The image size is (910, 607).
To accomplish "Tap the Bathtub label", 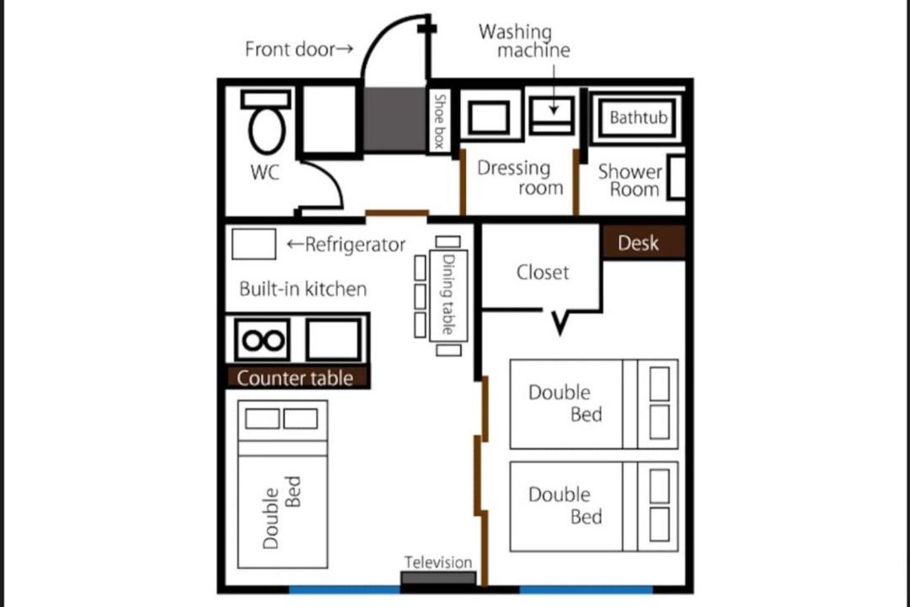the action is pos(638,118).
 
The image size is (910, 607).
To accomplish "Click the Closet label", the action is pos(543,272).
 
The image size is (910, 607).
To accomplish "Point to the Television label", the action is pos(438,562).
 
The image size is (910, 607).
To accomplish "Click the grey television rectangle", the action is pos(438,578).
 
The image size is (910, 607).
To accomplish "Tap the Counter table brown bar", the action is pos(297,379).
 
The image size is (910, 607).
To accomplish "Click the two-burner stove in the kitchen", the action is pos(263,339).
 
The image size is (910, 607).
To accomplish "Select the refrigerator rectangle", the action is pos(254,244).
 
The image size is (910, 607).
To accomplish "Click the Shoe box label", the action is pos(440,121).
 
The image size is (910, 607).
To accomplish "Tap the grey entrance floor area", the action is pos(395,120).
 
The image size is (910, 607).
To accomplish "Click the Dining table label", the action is pos(448,294).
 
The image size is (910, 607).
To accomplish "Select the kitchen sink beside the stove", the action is pos(334,339).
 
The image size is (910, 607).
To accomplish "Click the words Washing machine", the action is pos(525,40).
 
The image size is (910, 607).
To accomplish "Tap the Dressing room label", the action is pos(520,177).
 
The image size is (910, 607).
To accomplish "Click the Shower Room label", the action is pos(630,180).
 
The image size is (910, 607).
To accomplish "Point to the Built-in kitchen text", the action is pos(303,288).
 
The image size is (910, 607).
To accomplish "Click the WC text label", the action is pos(265,172).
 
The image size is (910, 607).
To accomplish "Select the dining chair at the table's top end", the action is pos(448,242).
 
